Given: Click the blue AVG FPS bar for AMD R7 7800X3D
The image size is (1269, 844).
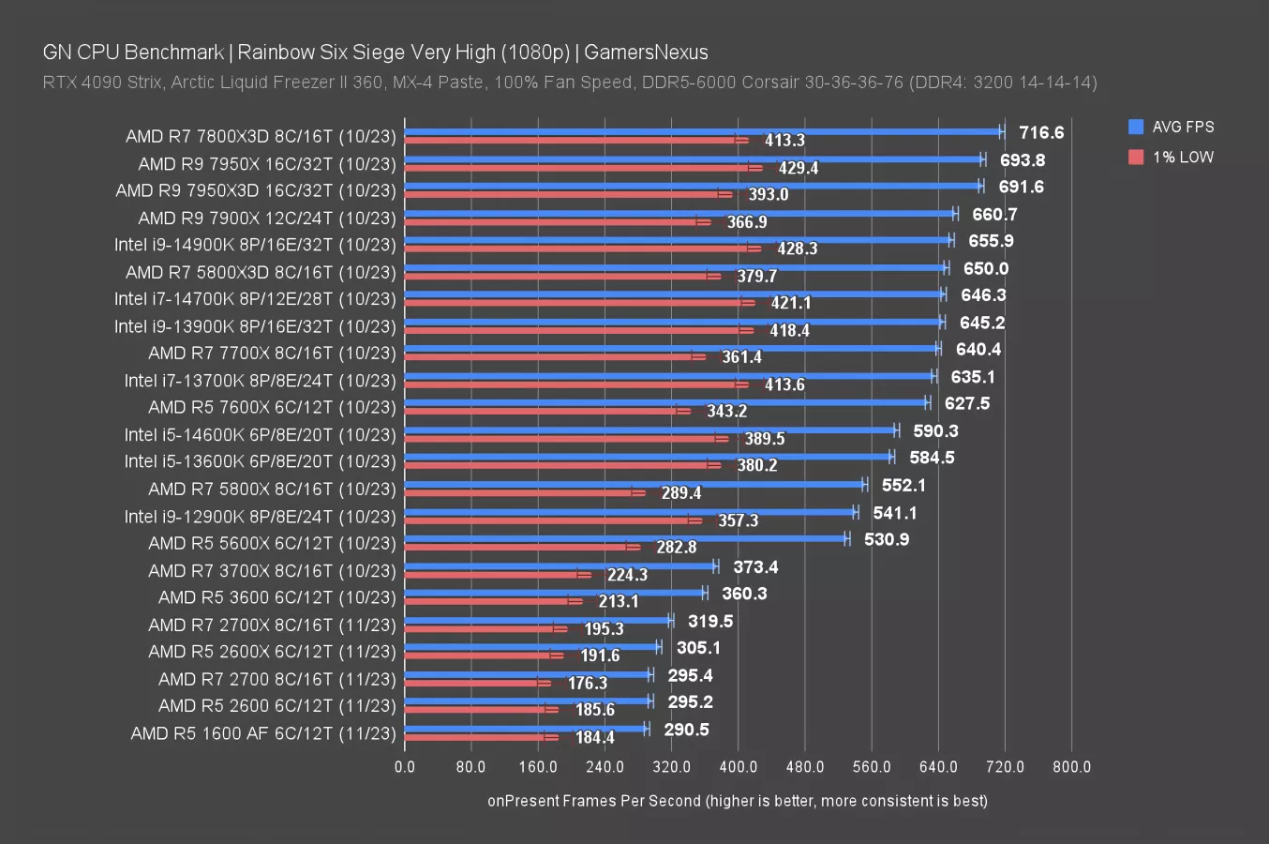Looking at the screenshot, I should (703, 132).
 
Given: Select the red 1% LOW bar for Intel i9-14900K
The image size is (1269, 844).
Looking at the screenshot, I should (576, 249).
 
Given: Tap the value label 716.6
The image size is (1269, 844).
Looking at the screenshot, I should (1041, 133).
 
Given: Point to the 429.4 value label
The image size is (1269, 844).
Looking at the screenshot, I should (798, 168).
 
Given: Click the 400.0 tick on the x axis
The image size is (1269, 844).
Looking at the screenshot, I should (738, 767).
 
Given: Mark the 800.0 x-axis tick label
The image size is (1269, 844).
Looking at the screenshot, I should (1071, 767).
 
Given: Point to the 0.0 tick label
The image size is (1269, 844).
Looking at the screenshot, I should (405, 767).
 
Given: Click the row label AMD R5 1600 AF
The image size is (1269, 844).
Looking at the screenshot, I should (263, 733).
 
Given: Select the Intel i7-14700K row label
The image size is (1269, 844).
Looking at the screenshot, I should (255, 299).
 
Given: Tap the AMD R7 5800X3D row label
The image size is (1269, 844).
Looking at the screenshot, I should (261, 272).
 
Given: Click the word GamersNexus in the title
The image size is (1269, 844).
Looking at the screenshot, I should (646, 53).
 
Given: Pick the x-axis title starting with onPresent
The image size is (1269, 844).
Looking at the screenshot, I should (737, 801).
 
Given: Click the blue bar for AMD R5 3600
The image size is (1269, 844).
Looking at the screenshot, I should (555, 592).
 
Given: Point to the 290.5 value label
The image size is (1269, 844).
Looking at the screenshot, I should (686, 730).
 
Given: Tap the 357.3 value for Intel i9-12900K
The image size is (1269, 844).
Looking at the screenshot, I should (738, 520).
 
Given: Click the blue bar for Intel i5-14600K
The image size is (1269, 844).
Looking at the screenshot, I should (650, 430).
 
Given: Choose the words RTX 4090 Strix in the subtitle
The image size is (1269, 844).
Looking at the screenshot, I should (101, 83).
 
